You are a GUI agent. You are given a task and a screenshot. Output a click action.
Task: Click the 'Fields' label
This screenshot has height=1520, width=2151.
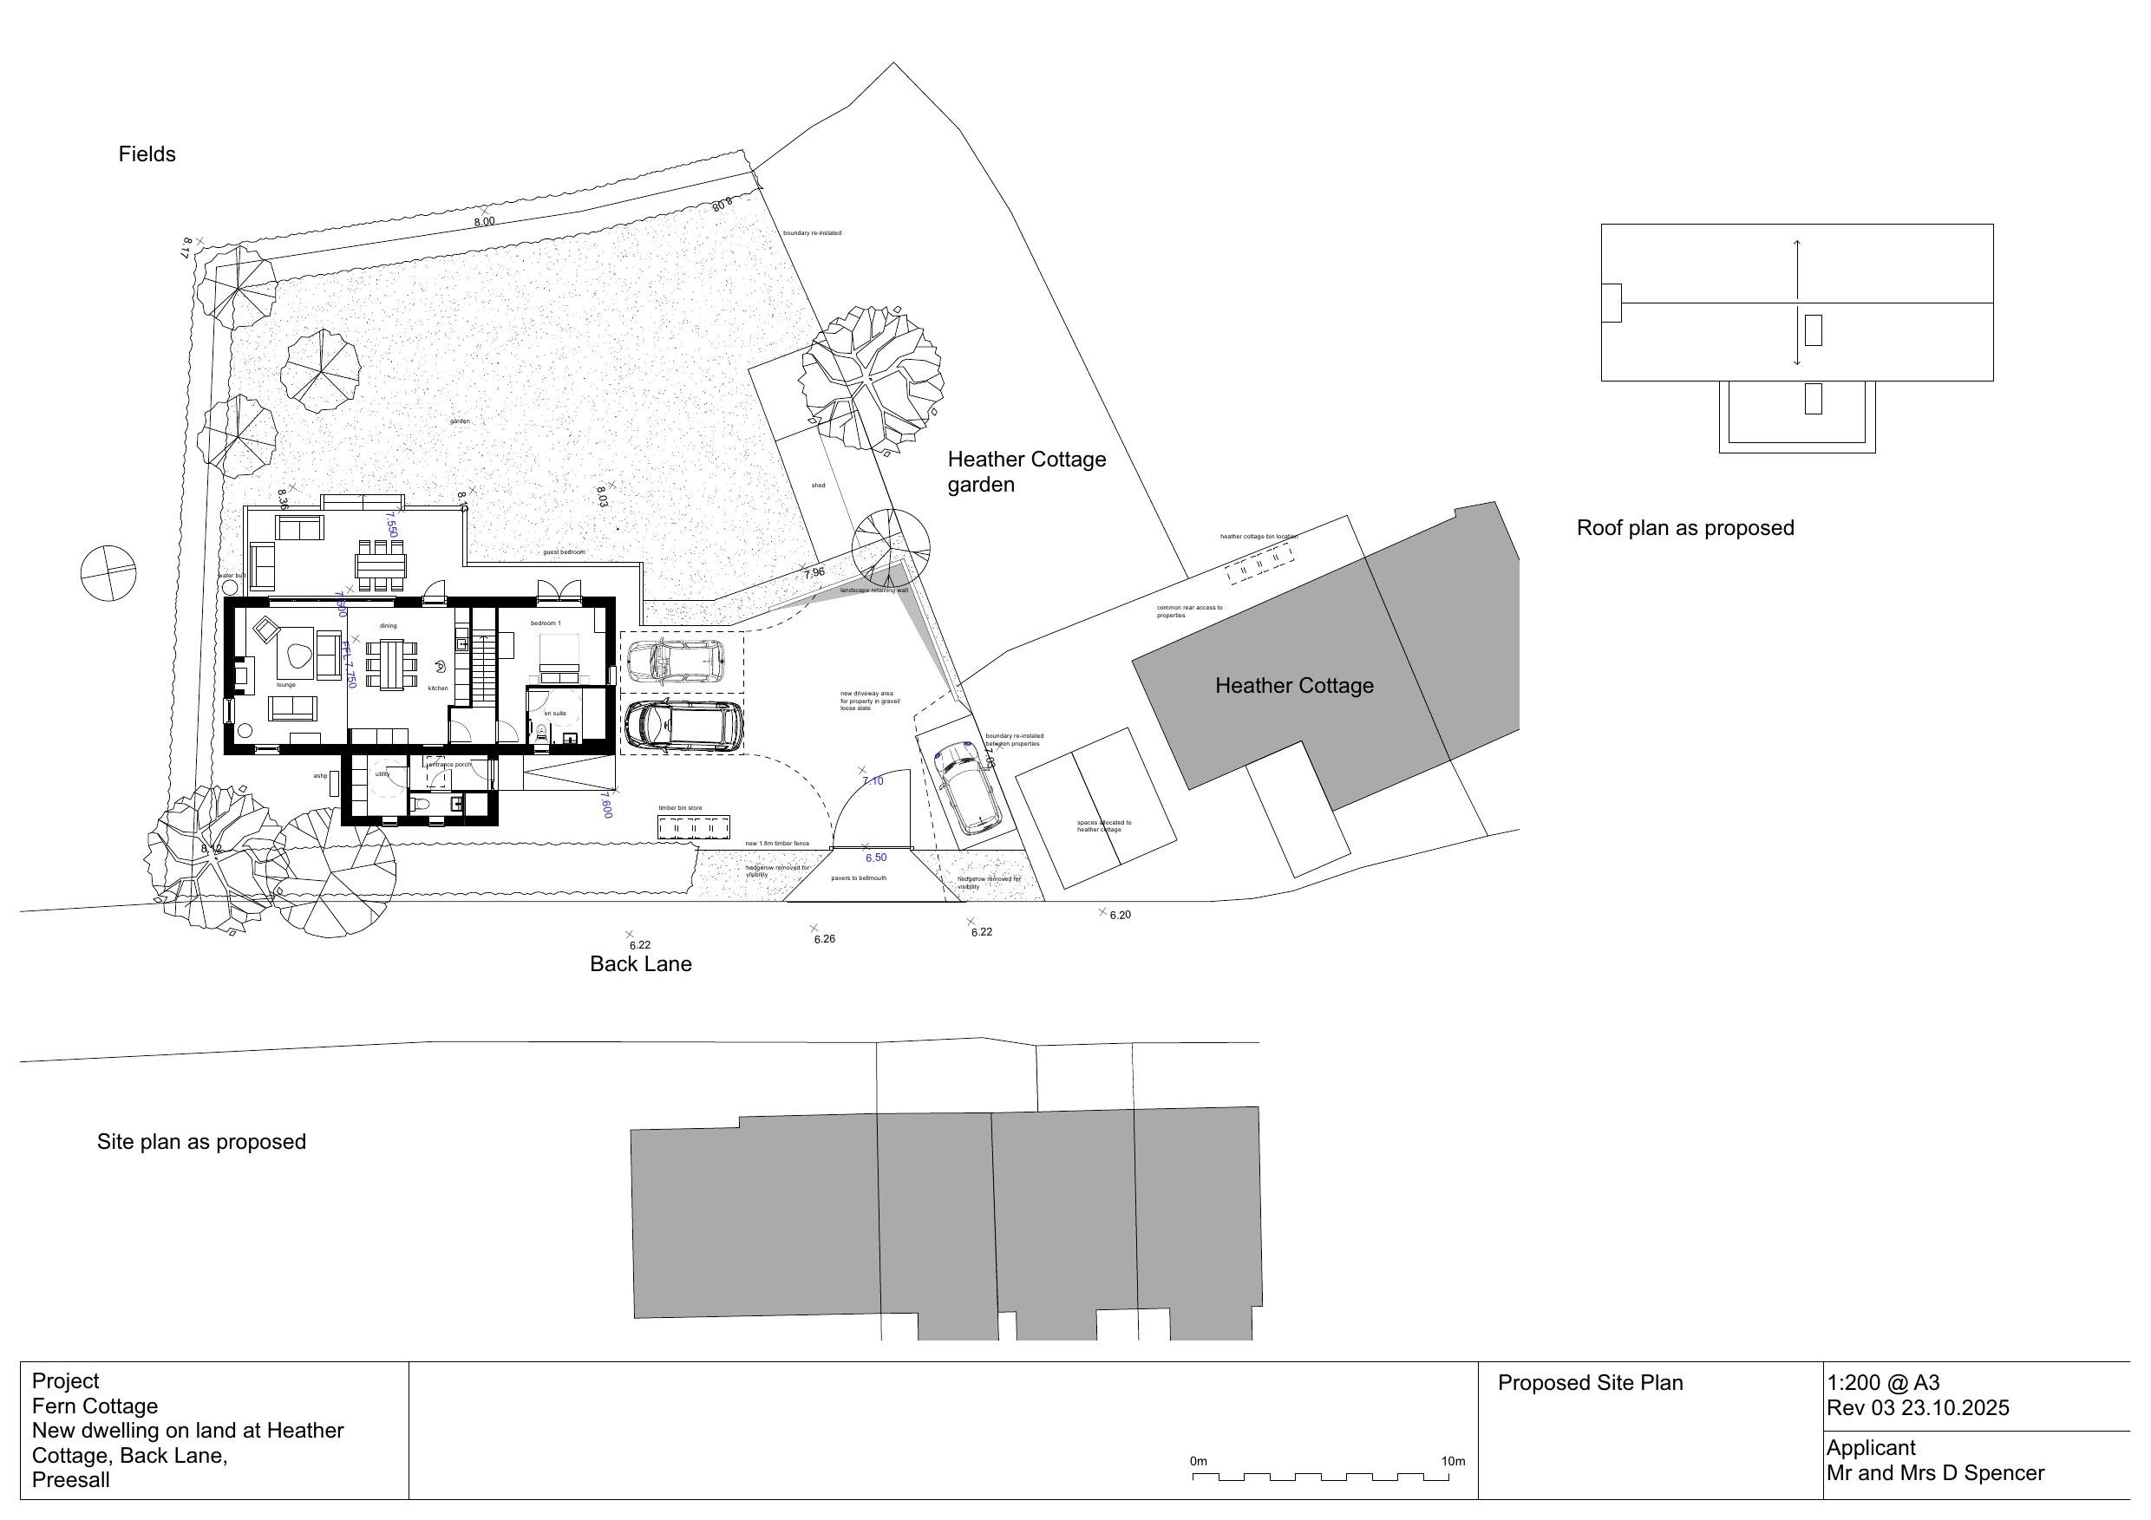pyautogui.click(x=147, y=154)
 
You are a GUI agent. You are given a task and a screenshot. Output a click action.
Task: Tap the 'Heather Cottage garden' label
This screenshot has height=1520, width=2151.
pyautogui.click(x=1026, y=472)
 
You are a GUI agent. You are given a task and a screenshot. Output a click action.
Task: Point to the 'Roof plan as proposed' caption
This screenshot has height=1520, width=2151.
pyautogui.click(x=1685, y=528)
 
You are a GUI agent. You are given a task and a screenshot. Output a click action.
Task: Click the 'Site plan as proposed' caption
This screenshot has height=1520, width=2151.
pyautogui.click(x=201, y=1142)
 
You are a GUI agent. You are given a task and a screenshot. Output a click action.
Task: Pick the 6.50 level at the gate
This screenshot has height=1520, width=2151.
pyautogui.click(x=876, y=858)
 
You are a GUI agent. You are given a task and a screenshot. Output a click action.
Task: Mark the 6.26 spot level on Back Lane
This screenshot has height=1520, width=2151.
pyautogui.click(x=825, y=939)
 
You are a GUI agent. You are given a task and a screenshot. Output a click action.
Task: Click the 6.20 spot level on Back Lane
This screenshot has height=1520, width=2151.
pyautogui.click(x=1121, y=916)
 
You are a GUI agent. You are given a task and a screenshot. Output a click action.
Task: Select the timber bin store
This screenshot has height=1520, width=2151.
pyautogui.click(x=694, y=828)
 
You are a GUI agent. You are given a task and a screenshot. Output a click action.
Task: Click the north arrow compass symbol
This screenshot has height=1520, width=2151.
pyautogui.click(x=108, y=573)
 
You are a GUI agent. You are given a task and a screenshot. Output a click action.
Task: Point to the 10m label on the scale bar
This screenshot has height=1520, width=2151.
pyautogui.click(x=1453, y=1462)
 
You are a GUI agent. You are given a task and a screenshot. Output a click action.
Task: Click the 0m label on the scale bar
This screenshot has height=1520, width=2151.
pyautogui.click(x=1198, y=1462)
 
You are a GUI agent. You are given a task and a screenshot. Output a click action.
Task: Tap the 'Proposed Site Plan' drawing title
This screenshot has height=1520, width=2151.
pyautogui.click(x=1590, y=1383)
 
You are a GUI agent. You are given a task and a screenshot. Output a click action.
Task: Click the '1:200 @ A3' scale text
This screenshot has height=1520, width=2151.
pyautogui.click(x=1883, y=1382)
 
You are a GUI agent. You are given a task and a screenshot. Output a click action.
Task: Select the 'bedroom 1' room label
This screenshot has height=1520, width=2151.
pyautogui.click(x=546, y=623)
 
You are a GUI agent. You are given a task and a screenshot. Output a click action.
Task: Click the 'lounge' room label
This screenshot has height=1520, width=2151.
pyautogui.click(x=285, y=686)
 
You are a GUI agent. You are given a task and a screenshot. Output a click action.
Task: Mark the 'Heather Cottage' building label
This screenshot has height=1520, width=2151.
pyautogui.click(x=1294, y=687)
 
